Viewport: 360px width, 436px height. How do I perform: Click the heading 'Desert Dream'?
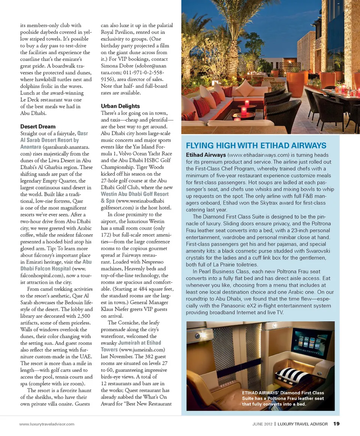[x=38, y=126]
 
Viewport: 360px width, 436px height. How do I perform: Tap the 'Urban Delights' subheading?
[x=120, y=106]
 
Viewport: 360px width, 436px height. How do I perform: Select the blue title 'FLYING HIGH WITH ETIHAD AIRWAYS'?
[x=256, y=146]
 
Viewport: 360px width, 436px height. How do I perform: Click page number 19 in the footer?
[x=336, y=424]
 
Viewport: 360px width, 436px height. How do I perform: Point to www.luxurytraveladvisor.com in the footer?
[x=47, y=424]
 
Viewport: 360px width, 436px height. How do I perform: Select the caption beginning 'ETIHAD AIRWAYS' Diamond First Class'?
[x=283, y=398]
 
